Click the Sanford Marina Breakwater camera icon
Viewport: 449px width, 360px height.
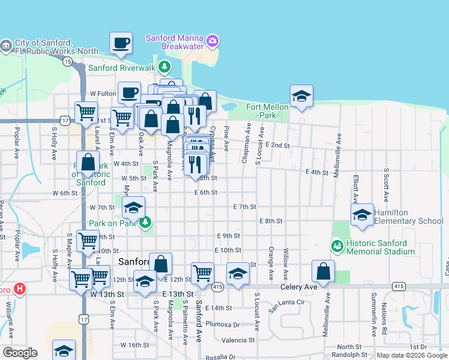[x=212, y=41]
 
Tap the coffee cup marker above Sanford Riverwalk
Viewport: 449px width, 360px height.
[x=121, y=43]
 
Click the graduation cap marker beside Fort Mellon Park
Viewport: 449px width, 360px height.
[x=301, y=96]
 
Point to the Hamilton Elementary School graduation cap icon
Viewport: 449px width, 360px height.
[x=362, y=215]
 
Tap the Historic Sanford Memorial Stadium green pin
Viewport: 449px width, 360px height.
[x=337, y=245]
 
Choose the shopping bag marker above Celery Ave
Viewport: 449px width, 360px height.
[x=323, y=271]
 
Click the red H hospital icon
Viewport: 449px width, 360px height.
[x=20, y=289]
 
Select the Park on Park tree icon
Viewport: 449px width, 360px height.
[x=145, y=223]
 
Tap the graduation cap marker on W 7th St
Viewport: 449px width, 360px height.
[x=134, y=208]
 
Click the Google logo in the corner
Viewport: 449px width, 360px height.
[x=20, y=353]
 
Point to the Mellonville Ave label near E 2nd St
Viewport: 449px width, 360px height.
[x=339, y=148]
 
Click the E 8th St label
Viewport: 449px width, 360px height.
[x=271, y=221]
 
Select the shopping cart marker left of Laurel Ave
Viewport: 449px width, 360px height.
[x=86, y=112]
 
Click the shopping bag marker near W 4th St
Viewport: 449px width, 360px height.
[x=88, y=162]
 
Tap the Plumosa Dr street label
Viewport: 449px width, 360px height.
[x=222, y=325]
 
